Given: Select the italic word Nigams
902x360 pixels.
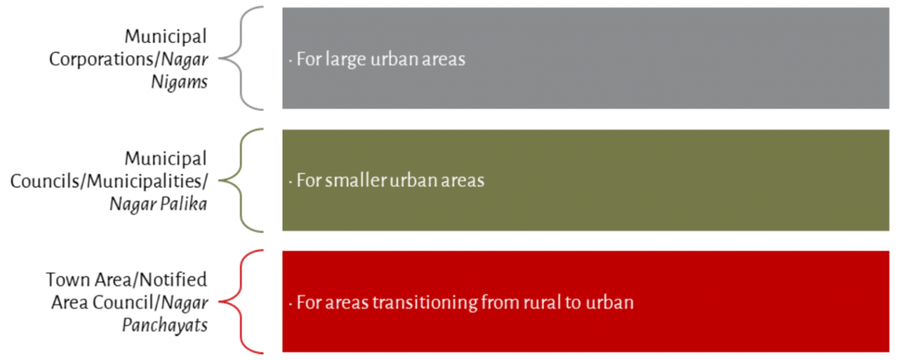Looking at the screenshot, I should point(181,82).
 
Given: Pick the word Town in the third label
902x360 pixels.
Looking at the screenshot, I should point(65,280).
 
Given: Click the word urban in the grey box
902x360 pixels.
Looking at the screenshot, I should point(395,59).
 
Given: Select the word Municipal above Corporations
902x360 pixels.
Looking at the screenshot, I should point(166,36).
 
